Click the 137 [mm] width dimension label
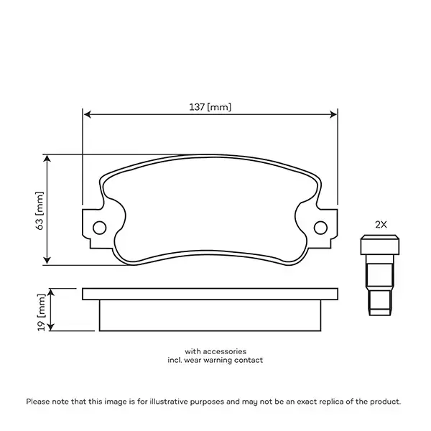210,107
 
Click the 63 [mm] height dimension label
40,210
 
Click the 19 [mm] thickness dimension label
40,310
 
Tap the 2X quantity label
381,224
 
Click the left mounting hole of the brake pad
100,227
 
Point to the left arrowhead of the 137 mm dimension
87,113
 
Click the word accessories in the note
226,351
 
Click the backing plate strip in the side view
210,294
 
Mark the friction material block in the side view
210,315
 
